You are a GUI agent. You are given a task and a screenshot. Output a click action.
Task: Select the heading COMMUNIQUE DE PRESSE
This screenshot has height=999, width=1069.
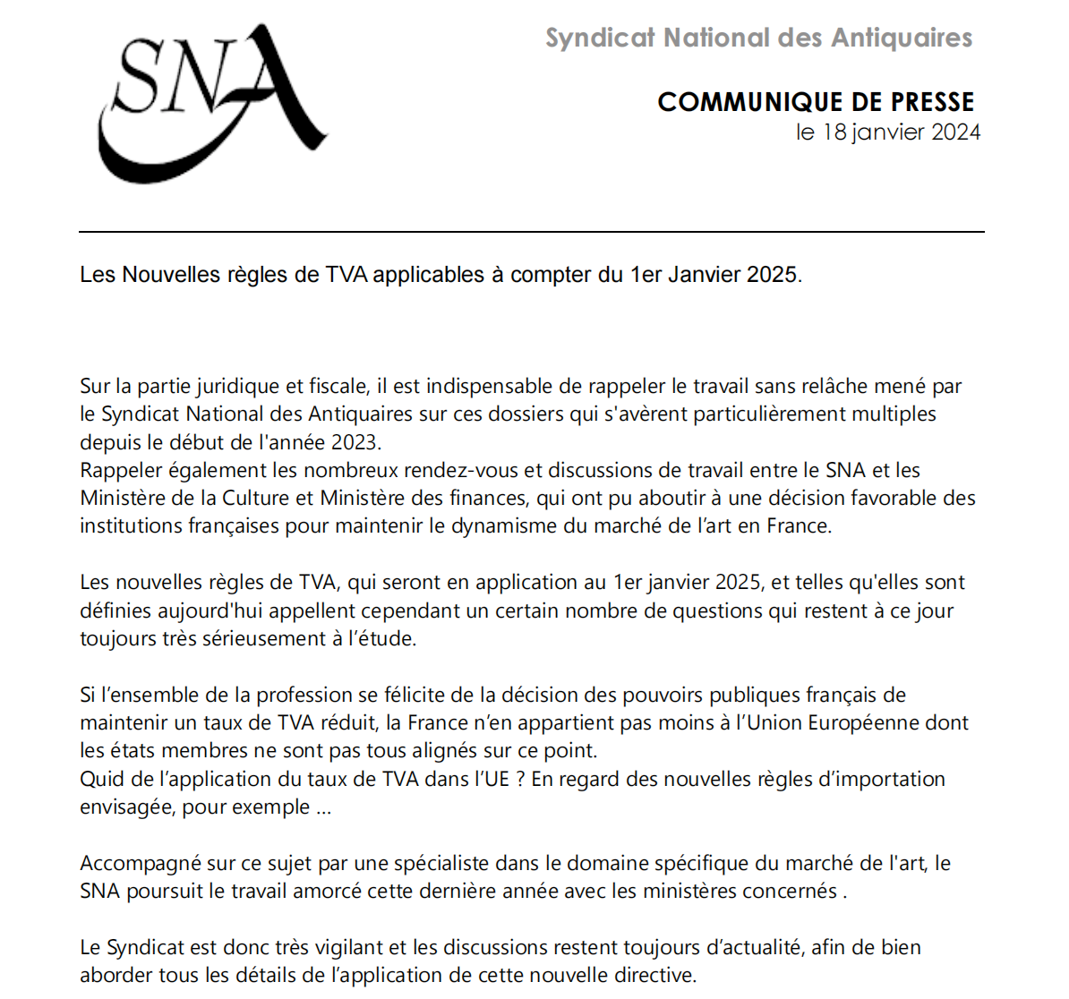(x=816, y=102)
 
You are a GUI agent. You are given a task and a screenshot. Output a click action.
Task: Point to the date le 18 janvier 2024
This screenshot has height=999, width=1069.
(x=887, y=132)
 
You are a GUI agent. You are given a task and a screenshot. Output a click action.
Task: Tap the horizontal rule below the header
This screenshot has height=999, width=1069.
(x=532, y=232)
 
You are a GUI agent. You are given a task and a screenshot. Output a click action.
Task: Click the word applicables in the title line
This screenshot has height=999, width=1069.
(x=429, y=275)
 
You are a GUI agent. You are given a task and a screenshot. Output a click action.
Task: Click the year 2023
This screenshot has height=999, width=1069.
(x=355, y=442)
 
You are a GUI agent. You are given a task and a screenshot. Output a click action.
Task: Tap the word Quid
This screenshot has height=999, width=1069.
(x=99, y=779)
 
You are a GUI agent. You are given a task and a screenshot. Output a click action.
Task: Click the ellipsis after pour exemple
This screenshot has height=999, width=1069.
(x=323, y=807)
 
